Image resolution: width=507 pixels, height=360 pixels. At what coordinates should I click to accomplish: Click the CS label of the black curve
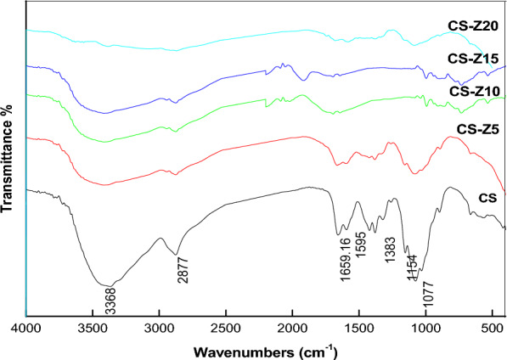[487, 198]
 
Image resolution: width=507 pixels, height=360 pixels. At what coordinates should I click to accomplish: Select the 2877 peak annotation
[183, 267]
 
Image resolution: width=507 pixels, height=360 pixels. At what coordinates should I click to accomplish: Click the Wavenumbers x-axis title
[265, 349]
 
